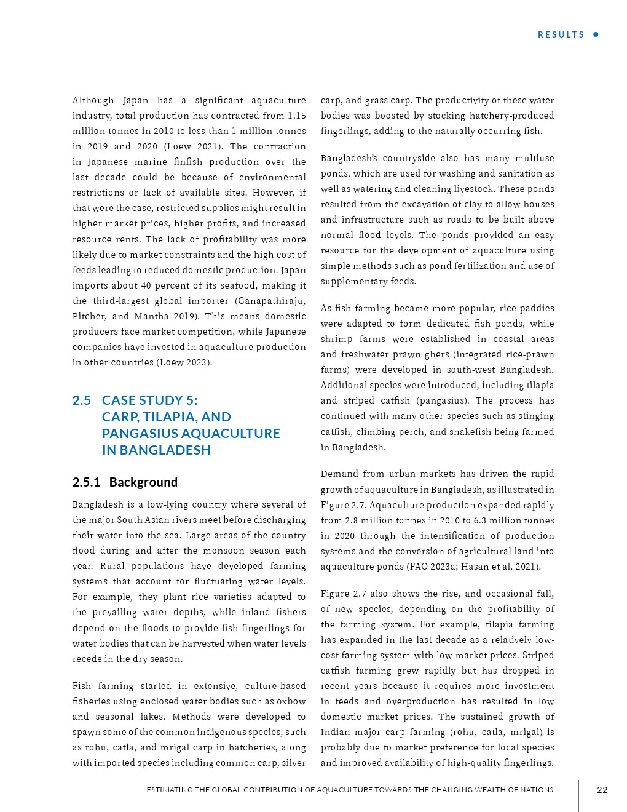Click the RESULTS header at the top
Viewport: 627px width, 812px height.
pyautogui.click(x=561, y=34)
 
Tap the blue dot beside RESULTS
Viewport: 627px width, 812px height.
pyautogui.click(x=596, y=34)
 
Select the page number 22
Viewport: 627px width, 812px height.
pyautogui.click(x=602, y=790)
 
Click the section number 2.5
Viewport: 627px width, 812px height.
pyautogui.click(x=81, y=400)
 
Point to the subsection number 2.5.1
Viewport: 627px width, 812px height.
pyautogui.click(x=86, y=482)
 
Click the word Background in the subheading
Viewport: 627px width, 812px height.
pyautogui.click(x=143, y=482)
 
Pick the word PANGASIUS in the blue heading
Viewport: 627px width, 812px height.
pyautogui.click(x=138, y=434)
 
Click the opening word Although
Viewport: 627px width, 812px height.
pyautogui.click(x=93, y=100)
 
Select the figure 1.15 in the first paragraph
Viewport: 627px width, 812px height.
pyautogui.click(x=297, y=116)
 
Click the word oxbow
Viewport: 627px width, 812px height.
pyautogui.click(x=291, y=701)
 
